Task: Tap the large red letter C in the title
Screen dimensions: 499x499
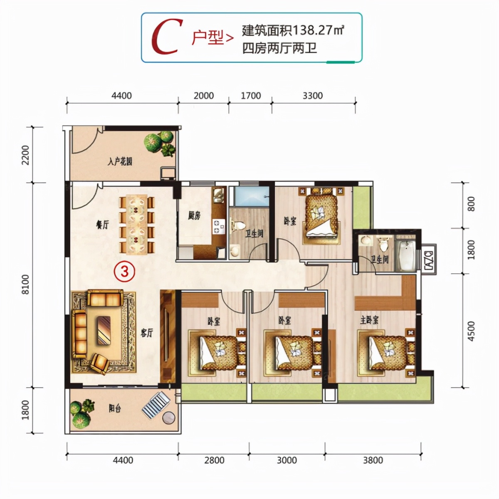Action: (167, 37)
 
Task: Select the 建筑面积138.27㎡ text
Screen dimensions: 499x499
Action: (293, 30)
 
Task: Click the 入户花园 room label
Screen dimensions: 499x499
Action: (120, 161)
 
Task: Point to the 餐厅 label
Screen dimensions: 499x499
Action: (102, 225)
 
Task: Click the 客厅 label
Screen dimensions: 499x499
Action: (147, 333)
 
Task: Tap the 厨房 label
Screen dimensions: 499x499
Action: (194, 215)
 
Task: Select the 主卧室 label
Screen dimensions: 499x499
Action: (369, 320)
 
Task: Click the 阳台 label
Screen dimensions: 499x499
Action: (115, 408)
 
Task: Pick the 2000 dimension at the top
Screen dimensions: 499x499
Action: (204, 96)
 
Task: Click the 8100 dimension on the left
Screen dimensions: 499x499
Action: (25, 284)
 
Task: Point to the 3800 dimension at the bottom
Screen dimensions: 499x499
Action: (373, 460)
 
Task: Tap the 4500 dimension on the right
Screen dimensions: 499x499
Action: (471, 331)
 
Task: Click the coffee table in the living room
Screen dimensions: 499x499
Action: (104, 330)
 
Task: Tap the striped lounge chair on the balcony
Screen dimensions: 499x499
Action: (156, 405)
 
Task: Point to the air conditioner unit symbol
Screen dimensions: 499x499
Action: (429, 258)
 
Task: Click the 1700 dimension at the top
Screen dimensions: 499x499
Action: (251, 96)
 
